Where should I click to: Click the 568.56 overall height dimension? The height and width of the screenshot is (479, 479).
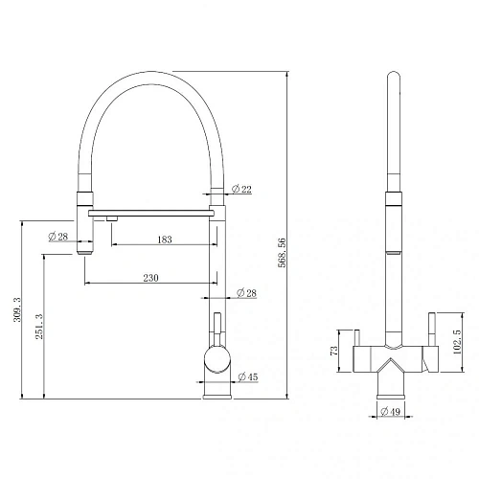click(282, 253)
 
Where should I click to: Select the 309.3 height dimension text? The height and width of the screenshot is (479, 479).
click(17, 309)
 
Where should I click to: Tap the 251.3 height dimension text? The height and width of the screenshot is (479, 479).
click(39, 327)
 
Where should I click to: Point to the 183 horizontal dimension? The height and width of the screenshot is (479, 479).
click(165, 239)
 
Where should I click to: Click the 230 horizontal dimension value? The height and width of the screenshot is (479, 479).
click(150, 278)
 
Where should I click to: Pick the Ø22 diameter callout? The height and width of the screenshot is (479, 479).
click(241, 189)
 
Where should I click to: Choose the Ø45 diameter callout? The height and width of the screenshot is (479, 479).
click(248, 376)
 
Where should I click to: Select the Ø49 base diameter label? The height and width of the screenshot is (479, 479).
click(390, 411)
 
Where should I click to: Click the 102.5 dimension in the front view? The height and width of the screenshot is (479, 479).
click(457, 342)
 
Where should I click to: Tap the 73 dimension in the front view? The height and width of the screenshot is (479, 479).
click(333, 351)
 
